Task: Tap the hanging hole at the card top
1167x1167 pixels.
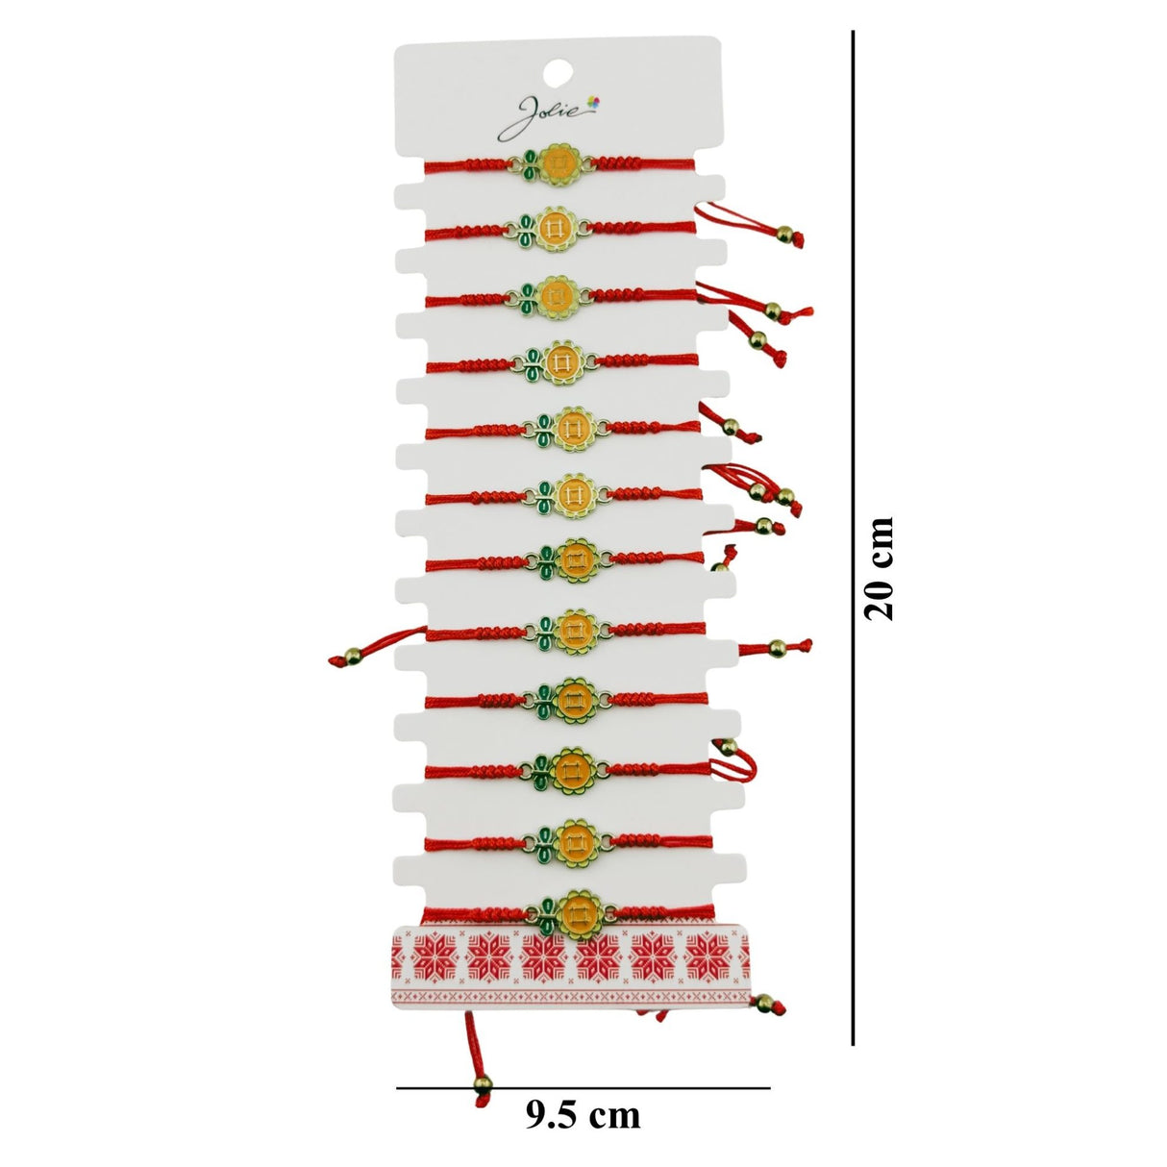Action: pos(558,74)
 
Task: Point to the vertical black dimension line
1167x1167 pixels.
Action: pos(853,538)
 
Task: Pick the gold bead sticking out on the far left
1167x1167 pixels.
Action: pos(352,656)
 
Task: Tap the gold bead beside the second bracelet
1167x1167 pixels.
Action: pos(783,234)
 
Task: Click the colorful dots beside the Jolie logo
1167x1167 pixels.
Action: pos(593,103)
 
